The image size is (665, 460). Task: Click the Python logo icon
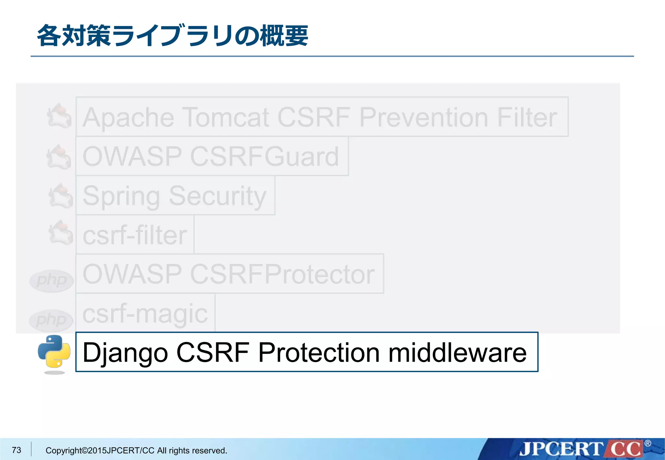[54, 352]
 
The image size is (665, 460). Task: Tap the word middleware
[457, 353]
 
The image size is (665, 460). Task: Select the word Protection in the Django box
[319, 353]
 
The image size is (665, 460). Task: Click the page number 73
[16, 450]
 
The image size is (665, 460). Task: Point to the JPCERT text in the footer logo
[560, 449]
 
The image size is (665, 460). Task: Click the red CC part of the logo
[625, 449]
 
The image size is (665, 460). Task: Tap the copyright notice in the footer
[136, 451]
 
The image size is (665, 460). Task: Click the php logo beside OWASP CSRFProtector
[51, 280]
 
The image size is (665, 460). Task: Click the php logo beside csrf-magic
[51, 321]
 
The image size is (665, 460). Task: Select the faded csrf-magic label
[145, 314]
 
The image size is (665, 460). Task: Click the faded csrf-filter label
[135, 235]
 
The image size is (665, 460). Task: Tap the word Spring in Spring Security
[121, 196]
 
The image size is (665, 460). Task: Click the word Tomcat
[226, 117]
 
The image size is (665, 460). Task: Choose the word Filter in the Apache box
[527, 117]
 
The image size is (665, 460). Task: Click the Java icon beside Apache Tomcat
[59, 116]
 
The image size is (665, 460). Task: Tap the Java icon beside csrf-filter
[60, 233]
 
